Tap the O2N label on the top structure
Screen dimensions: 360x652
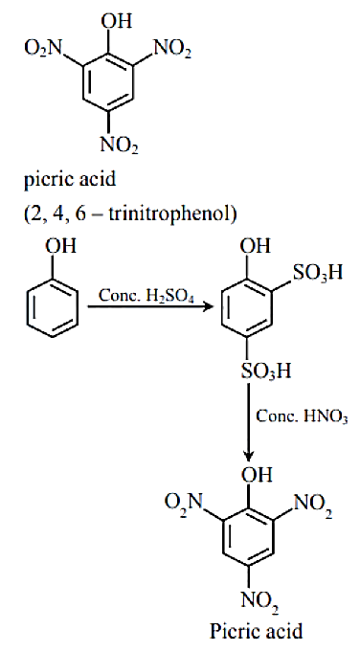42,49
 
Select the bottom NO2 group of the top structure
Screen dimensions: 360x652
120,146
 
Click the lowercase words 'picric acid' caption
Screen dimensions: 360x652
70,181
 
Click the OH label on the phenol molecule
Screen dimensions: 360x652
61,246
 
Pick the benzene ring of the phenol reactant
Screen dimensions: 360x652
53,306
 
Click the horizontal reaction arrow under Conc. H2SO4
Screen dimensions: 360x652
150,307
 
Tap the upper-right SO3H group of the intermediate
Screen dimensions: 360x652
318,273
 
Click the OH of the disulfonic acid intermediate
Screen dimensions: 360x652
255,246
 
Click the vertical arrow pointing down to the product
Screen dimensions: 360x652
248,420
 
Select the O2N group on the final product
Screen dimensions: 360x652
183,502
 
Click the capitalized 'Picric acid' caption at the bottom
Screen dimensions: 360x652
256,631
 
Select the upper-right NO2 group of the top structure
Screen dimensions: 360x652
172,50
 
